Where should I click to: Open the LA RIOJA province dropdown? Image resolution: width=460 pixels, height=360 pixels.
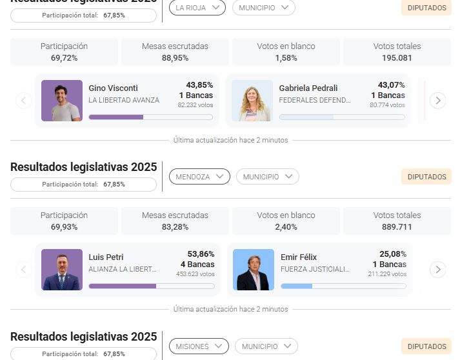pyautogui.click(x=197, y=8)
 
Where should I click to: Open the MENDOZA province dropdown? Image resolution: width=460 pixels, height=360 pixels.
pyautogui.click(x=199, y=177)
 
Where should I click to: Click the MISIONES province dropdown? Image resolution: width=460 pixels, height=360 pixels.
pyautogui.click(x=199, y=346)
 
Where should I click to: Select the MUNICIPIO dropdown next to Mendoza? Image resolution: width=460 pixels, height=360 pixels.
pyautogui.click(x=267, y=177)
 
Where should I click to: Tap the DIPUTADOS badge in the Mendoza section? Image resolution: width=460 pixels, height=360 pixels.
pyautogui.click(x=426, y=177)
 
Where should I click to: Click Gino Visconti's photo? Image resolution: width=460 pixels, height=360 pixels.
pyautogui.click(x=62, y=101)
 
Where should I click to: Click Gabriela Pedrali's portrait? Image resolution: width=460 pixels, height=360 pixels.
pyautogui.click(x=252, y=101)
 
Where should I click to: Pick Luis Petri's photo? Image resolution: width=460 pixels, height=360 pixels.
pyautogui.click(x=62, y=270)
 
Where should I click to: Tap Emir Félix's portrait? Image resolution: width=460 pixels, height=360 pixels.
pyautogui.click(x=254, y=270)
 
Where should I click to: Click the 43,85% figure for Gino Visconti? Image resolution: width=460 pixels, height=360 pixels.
pyautogui.click(x=199, y=85)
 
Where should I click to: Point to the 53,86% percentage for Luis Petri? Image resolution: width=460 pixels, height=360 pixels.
pyautogui.click(x=201, y=254)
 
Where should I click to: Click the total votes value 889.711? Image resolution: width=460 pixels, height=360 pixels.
pyautogui.click(x=397, y=227)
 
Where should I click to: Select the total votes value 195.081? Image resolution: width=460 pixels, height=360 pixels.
pyautogui.click(x=397, y=58)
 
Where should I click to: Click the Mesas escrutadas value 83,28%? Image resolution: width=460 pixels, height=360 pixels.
pyautogui.click(x=175, y=227)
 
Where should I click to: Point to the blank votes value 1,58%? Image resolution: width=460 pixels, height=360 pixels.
pyautogui.click(x=286, y=58)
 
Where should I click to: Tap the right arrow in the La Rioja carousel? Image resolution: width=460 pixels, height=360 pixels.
pyautogui.click(x=437, y=101)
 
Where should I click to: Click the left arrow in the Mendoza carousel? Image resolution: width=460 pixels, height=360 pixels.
pyautogui.click(x=24, y=270)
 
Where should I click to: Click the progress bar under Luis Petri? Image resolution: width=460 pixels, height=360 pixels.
pyautogui.click(x=151, y=286)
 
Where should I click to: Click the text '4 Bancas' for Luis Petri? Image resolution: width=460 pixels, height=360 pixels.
pyautogui.click(x=197, y=265)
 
